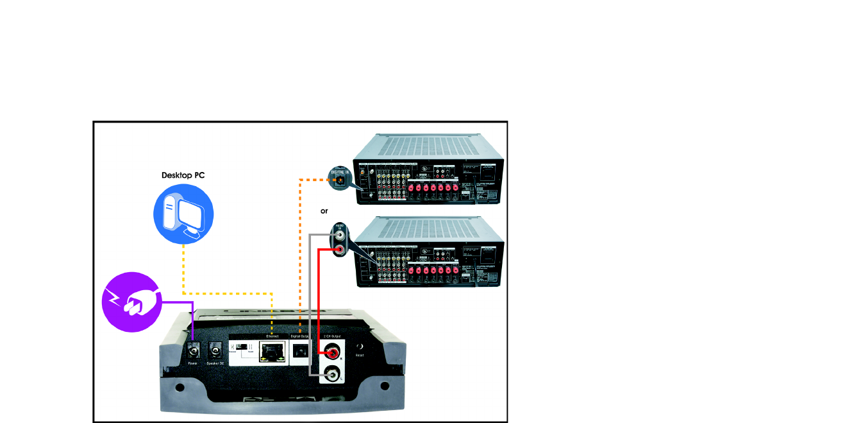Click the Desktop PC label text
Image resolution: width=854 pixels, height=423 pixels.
click(183, 175)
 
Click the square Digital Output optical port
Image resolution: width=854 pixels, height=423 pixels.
click(300, 352)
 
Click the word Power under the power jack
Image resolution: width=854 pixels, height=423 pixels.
click(192, 364)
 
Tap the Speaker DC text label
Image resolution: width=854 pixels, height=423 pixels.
click(216, 364)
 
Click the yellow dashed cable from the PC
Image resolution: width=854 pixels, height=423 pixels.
click(183, 270)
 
